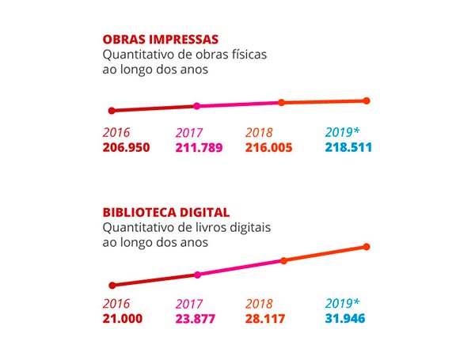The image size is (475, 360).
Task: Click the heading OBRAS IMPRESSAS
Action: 161,40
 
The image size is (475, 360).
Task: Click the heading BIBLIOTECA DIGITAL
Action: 166,213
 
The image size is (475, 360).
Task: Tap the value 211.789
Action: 199,147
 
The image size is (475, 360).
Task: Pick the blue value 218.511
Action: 349,147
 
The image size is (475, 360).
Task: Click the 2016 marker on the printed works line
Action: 112,111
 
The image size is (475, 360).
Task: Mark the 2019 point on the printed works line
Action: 367,100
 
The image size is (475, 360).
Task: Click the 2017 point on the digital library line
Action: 198,275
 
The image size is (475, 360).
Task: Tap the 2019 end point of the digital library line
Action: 367,247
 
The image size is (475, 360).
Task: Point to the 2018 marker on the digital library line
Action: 283,260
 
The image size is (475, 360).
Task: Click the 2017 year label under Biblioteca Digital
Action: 190,304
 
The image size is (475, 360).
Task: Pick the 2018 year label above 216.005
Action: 260,132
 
